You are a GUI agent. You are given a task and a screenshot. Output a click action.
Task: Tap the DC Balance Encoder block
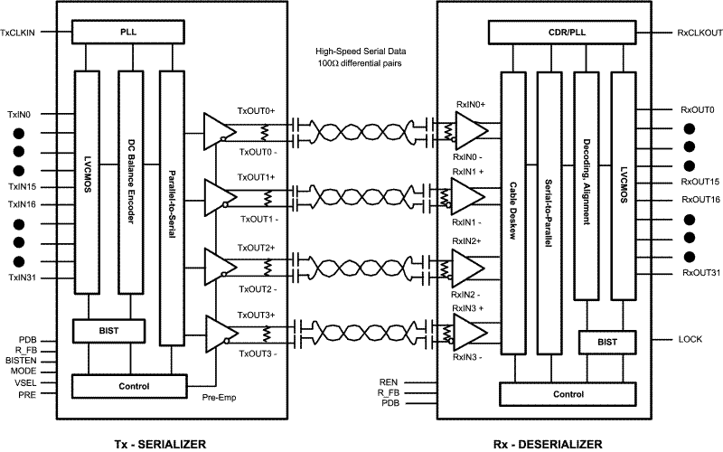131,181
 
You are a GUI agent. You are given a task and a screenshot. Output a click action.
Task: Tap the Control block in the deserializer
568,394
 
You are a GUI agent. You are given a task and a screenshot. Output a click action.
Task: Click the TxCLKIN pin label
18,33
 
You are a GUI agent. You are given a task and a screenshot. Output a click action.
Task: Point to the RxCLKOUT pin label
700,33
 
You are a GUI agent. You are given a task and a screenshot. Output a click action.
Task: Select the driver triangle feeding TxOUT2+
218,261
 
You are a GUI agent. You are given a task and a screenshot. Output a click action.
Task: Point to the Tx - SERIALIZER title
159,442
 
